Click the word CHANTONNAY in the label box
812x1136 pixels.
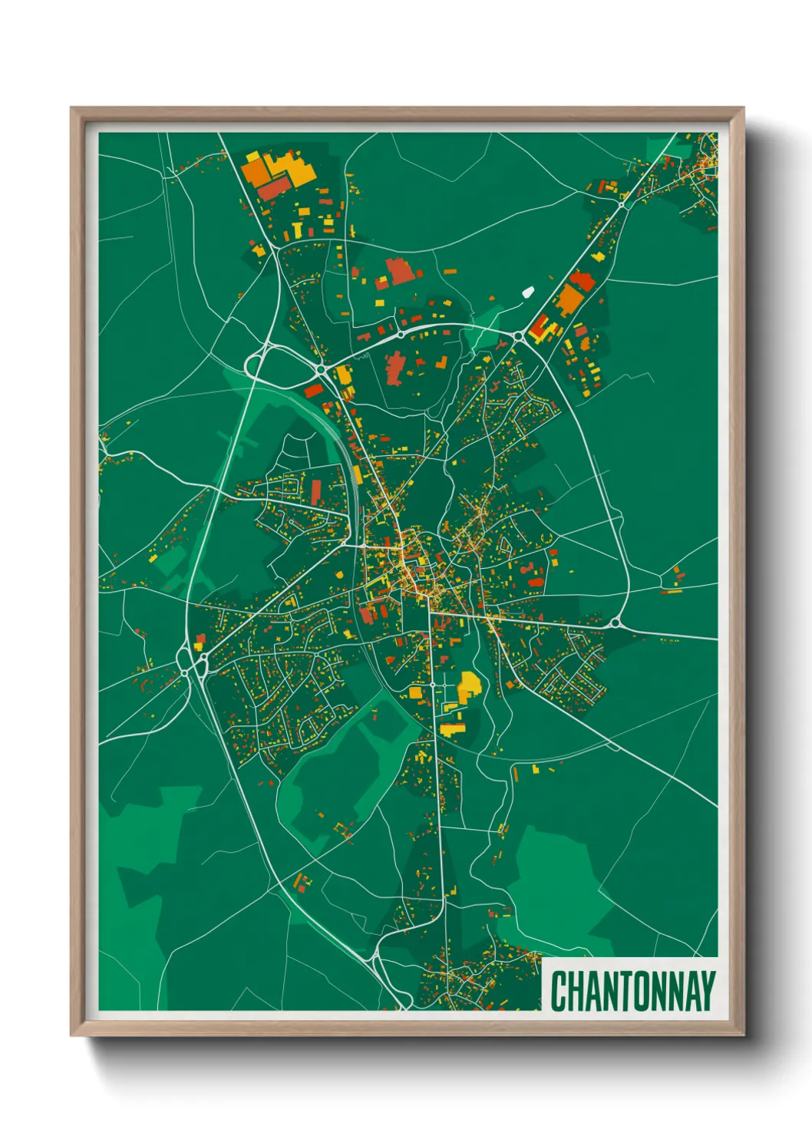tap(632, 991)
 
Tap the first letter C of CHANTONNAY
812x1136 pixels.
tap(559, 991)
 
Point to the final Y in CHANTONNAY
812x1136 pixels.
tap(707, 991)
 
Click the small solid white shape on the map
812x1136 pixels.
tap(527, 292)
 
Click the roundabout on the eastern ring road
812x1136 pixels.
tap(615, 622)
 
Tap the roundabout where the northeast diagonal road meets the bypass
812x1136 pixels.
tap(517, 335)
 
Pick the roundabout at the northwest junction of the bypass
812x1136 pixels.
tap(320, 369)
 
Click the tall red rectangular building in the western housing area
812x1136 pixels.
tap(315, 491)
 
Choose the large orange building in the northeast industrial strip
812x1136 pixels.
tap(569, 299)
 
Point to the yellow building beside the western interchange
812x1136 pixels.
tap(197, 646)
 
